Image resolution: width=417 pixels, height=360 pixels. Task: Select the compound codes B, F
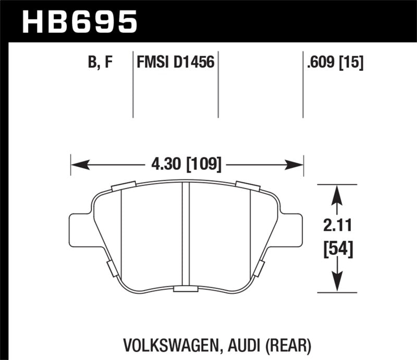(101, 63)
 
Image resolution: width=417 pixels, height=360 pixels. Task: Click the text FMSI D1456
(175, 63)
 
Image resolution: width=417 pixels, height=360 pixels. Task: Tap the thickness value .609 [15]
(335, 63)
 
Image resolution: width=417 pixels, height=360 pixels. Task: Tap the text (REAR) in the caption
(292, 345)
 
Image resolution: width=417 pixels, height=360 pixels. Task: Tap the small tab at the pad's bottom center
(185, 289)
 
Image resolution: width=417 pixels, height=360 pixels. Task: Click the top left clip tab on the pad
(124, 185)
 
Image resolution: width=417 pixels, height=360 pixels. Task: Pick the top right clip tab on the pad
(248, 185)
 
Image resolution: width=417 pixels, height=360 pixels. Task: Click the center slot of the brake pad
(185, 234)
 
